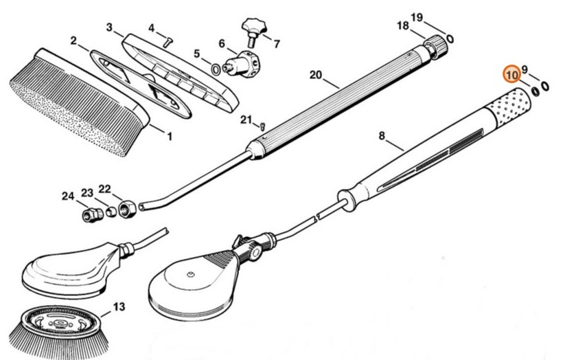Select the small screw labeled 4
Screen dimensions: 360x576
coord(166,41)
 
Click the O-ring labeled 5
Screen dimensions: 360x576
coord(215,68)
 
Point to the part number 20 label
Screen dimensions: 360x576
coord(315,75)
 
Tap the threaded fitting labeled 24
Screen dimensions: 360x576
coord(89,215)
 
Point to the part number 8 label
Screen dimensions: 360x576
coord(382,137)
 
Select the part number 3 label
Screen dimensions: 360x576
coord(109,27)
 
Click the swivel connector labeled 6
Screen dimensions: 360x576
coord(240,61)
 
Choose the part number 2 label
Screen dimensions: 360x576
coord(73,41)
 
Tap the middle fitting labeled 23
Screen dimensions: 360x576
coord(107,211)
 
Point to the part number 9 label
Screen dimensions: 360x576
coord(525,69)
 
